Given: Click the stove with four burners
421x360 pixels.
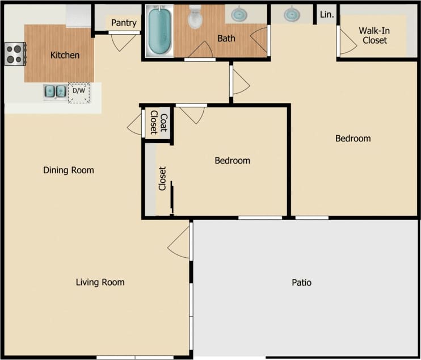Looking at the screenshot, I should [14, 54].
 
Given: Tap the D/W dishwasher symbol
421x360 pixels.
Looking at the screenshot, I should [78, 91].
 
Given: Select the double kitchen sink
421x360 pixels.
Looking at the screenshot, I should [55, 91].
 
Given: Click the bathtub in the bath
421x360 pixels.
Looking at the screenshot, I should [159, 31].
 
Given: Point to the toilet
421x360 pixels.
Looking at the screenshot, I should [195, 17].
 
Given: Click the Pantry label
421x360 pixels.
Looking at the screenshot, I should [124, 23].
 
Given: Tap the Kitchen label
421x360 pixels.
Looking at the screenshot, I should [65, 55].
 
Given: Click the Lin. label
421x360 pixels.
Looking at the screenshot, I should [327, 15].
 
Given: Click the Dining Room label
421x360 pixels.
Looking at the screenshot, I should [69, 170].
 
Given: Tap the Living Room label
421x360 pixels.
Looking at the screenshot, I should [100, 282].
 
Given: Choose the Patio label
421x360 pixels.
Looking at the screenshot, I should [301, 282].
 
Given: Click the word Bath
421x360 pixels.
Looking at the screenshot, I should [226, 39].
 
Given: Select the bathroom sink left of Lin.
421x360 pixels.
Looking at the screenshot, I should [292, 14].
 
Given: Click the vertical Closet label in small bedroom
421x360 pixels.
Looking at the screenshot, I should [162, 178].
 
